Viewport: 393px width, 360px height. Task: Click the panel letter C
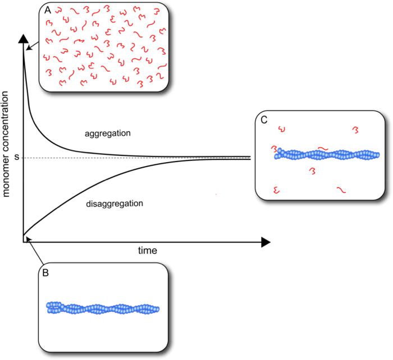(264, 120)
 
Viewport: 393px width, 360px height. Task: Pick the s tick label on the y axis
(16, 158)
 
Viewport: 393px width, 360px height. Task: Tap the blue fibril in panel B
(103, 308)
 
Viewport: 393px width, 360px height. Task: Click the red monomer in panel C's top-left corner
(282, 131)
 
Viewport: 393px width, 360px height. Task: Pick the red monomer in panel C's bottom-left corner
(276, 190)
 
